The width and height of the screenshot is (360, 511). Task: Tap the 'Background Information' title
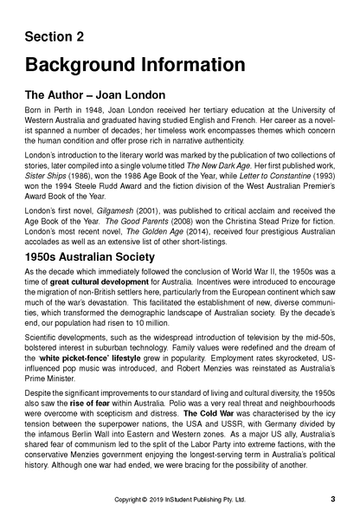[x=135, y=65]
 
